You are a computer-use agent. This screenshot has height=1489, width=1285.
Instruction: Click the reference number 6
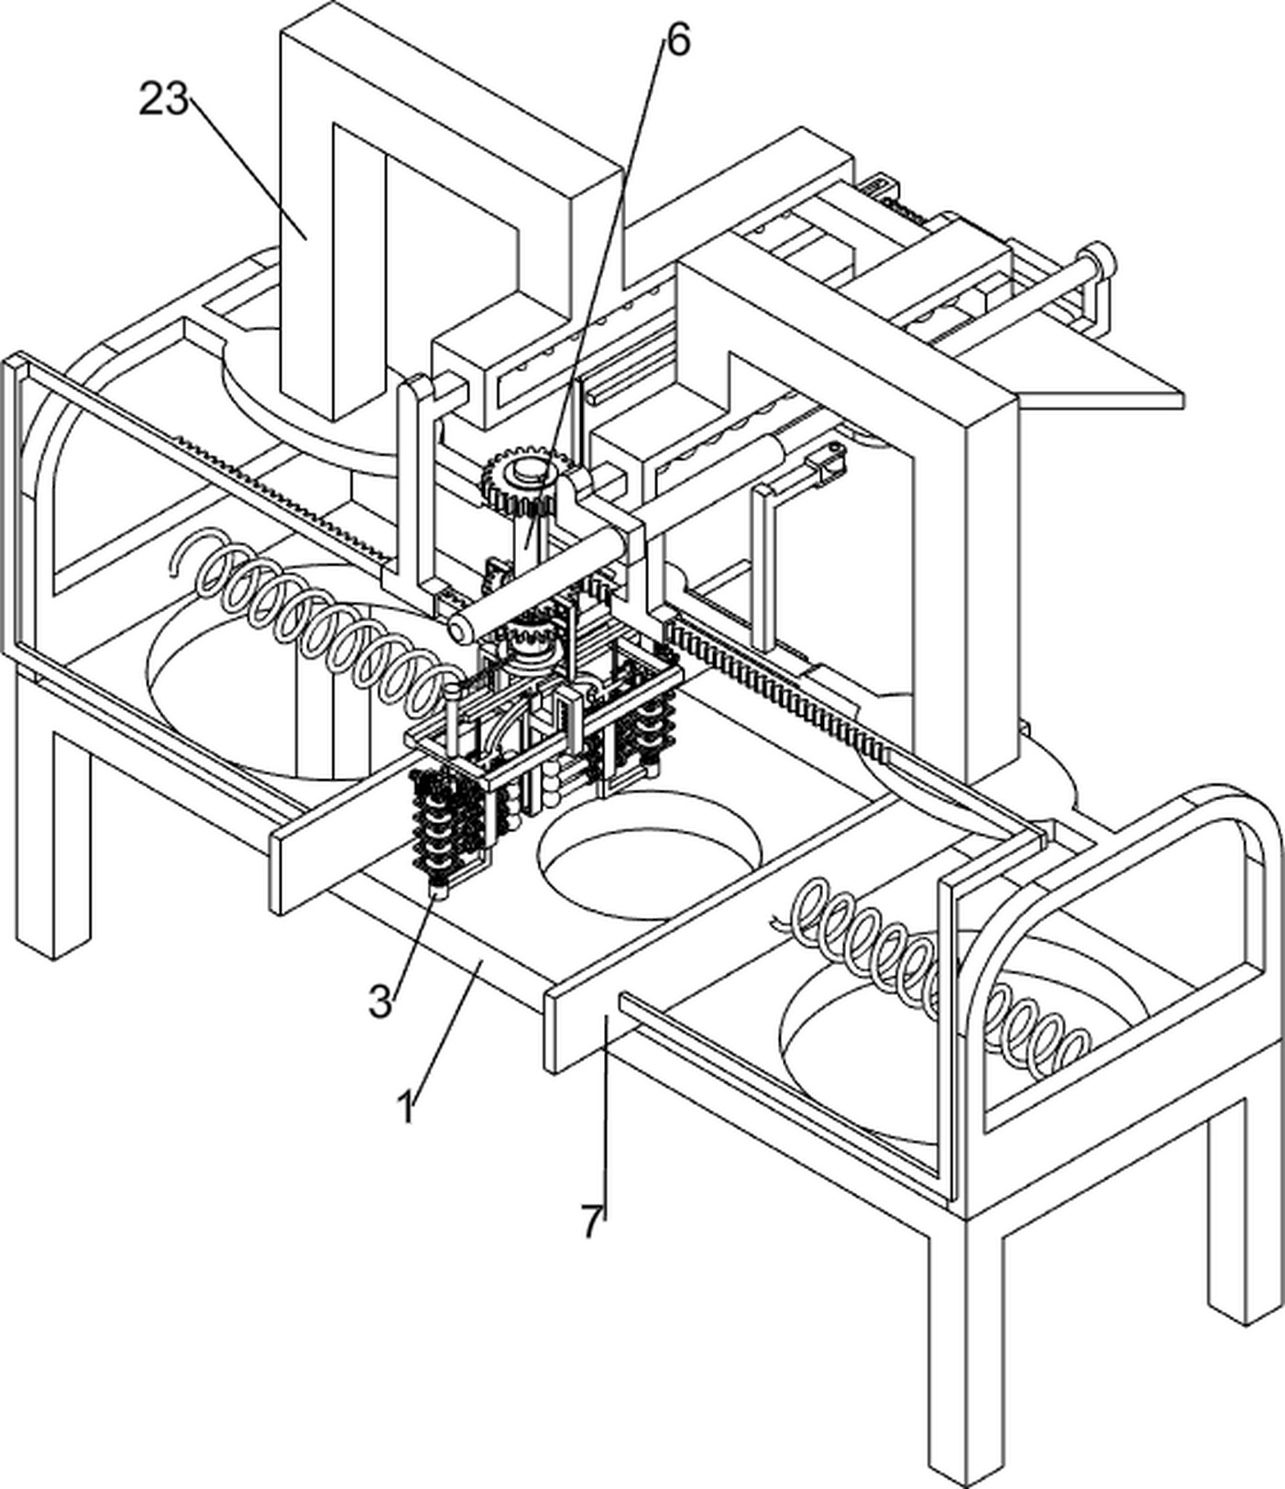pyautogui.click(x=677, y=39)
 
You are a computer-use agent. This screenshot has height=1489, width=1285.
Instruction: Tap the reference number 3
pyautogui.click(x=380, y=1002)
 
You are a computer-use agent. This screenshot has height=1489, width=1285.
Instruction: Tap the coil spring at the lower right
pyautogui.click(x=935, y=971)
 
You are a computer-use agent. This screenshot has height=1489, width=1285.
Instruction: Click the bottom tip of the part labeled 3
pyautogui.click(x=437, y=896)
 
